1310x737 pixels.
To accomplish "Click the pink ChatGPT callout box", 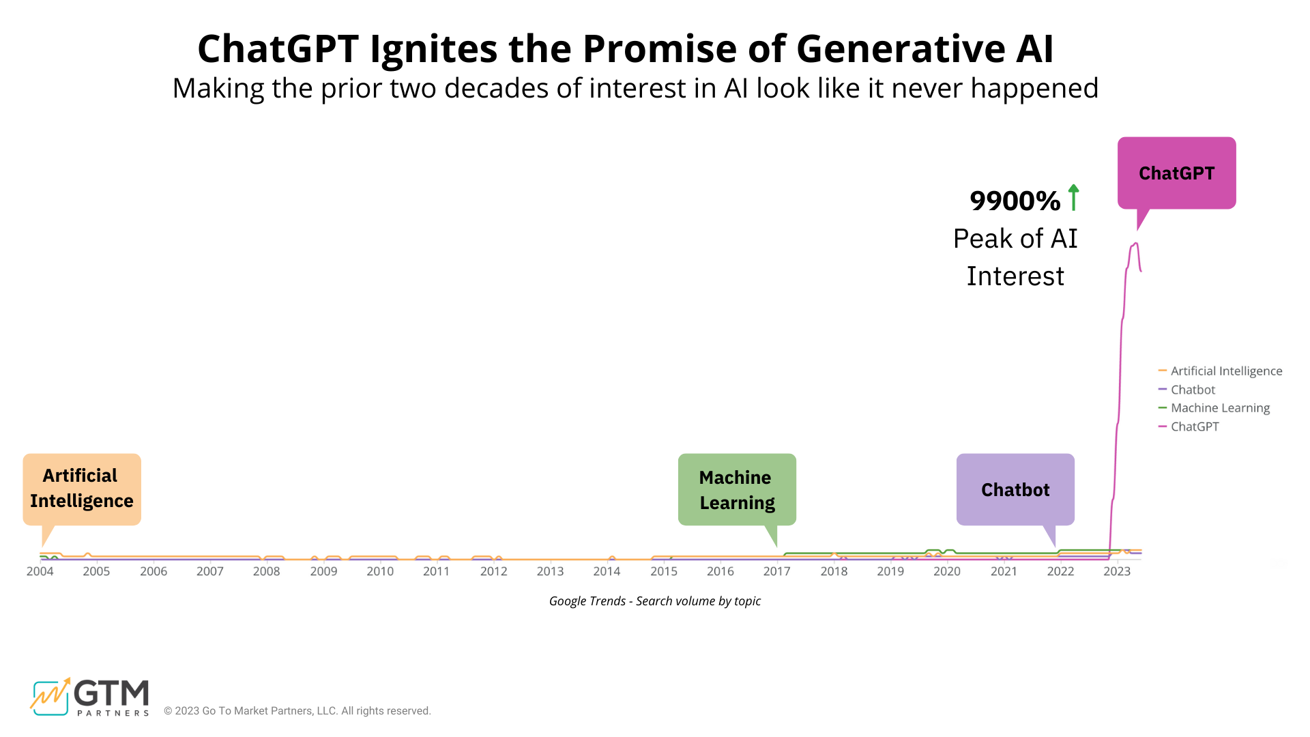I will point(1176,173).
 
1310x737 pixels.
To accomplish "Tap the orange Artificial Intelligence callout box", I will point(82,489).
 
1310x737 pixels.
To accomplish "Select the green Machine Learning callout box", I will point(737,489).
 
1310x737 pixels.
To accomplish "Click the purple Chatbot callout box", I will point(1015,489).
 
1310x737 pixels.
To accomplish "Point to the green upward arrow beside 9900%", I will point(1073,197).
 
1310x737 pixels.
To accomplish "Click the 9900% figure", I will point(1015,201).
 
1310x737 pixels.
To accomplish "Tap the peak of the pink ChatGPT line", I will point(1135,244).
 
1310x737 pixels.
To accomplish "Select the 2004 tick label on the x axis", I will point(40,571).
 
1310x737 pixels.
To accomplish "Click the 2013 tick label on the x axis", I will point(550,571).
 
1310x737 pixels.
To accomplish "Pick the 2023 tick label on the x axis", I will point(1117,571).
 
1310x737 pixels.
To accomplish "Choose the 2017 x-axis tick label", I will point(776,571).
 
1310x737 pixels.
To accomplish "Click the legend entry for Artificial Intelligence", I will point(1226,371).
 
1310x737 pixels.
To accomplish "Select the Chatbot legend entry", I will point(1193,390).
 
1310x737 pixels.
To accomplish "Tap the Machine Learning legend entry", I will point(1220,407).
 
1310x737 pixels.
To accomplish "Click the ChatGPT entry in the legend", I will point(1195,427).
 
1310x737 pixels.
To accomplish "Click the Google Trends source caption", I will point(654,601).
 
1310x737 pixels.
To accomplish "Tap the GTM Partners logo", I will point(89,697).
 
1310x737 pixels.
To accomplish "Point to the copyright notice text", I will point(297,710).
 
